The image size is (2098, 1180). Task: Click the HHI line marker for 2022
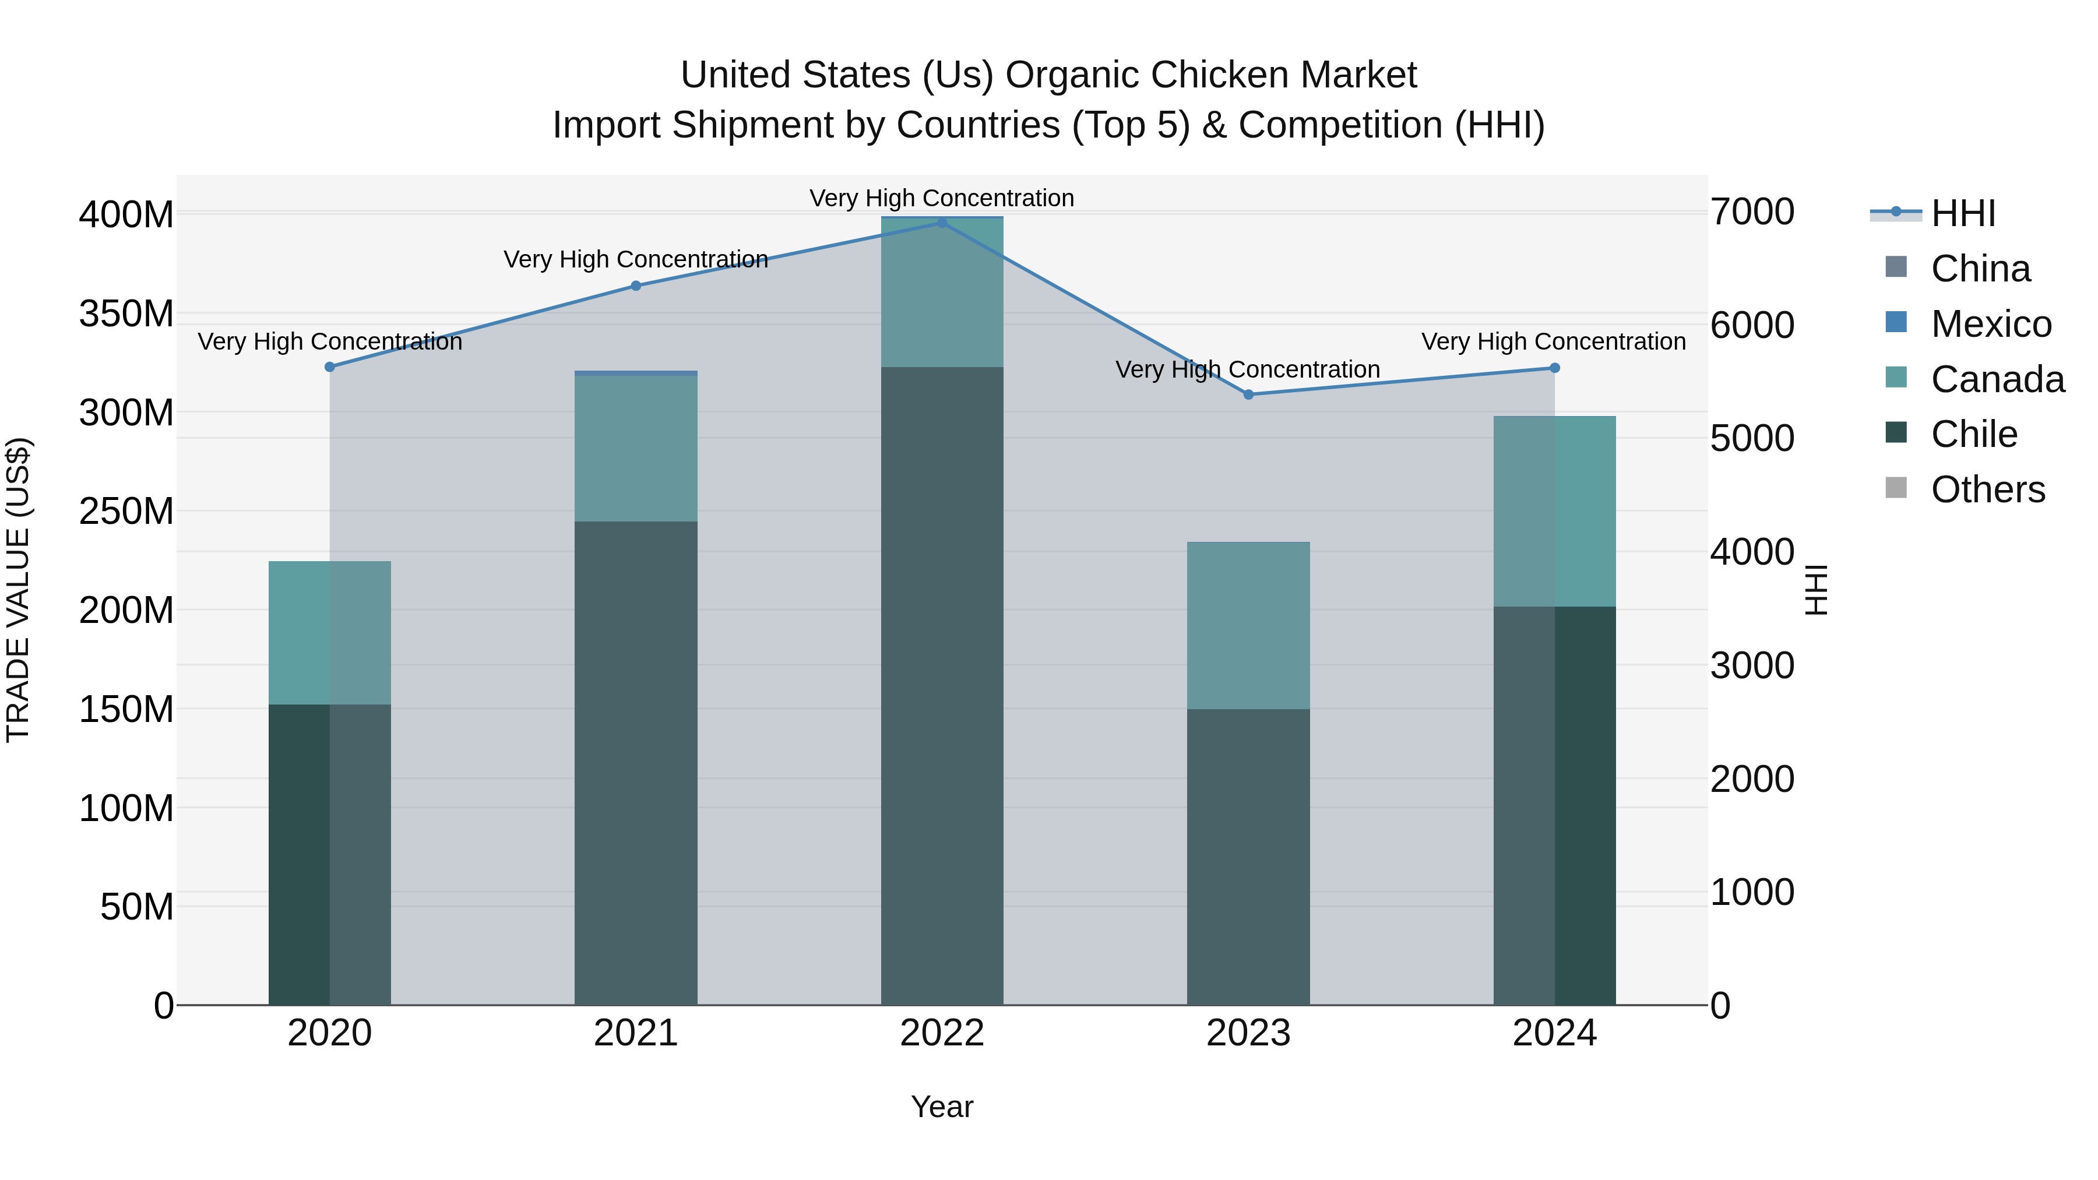click(x=942, y=223)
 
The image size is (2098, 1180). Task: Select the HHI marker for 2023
click(x=1248, y=394)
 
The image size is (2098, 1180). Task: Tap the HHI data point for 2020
click(x=330, y=367)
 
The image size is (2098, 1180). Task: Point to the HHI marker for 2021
click(x=636, y=286)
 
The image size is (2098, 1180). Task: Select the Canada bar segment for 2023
click(x=1248, y=625)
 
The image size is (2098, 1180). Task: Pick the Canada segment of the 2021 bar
click(x=636, y=448)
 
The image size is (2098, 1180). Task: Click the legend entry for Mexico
click(x=1991, y=324)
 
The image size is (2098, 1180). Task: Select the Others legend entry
click(x=1987, y=489)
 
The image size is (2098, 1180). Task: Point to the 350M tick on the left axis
click(x=126, y=314)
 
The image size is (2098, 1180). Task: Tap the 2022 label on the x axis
click(x=942, y=1033)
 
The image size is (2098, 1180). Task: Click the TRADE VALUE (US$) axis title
click(x=18, y=590)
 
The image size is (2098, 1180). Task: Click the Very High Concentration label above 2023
click(x=1248, y=369)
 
